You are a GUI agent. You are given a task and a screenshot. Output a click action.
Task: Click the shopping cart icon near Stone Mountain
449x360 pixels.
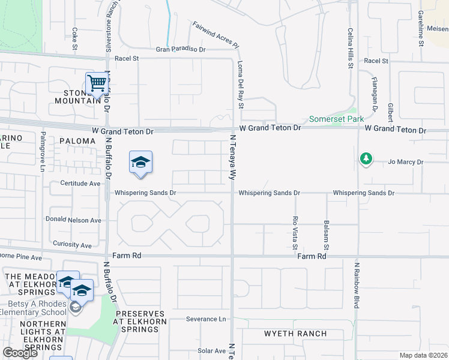coord(96,83)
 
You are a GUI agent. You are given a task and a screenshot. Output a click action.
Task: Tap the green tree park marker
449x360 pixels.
coord(365,159)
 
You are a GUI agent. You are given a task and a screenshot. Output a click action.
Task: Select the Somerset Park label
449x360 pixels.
coord(333,119)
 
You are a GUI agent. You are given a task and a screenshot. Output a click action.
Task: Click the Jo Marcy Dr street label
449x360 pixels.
coord(406,162)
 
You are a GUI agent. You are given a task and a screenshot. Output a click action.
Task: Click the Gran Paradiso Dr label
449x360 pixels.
coord(181,50)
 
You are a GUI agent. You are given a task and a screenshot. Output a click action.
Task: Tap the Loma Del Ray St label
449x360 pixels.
coord(241,88)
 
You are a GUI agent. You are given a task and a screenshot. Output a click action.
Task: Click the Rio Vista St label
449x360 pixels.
coord(295,232)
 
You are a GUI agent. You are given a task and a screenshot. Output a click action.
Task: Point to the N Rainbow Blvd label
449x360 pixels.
coord(357,285)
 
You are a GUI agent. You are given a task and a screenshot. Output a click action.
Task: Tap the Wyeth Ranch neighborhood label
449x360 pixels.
coord(296,334)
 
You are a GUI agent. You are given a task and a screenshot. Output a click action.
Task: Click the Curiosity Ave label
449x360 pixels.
coord(72,245)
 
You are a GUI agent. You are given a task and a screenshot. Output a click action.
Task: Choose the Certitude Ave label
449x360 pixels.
coord(80,183)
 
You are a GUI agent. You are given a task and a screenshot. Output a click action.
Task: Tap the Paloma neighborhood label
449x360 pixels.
coord(77,140)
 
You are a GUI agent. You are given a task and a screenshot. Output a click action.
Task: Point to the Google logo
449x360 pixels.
coord(20,352)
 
